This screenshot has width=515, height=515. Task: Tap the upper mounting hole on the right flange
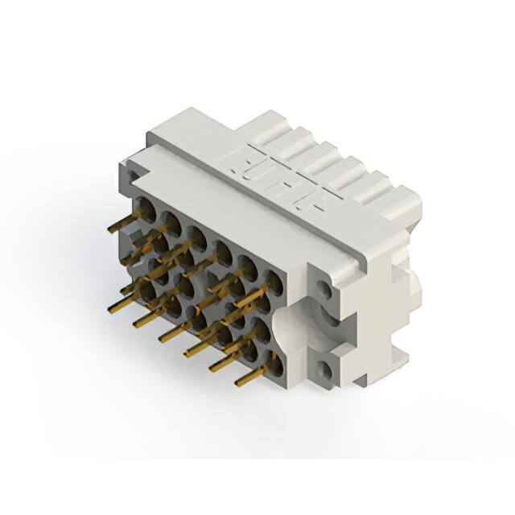tap(323, 287)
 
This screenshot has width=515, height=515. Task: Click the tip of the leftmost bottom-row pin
tap(109, 308)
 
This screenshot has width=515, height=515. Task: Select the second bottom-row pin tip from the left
tap(135, 324)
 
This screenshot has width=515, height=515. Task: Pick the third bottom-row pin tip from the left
tap(161, 339)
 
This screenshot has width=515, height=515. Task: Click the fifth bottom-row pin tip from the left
tap(212, 369)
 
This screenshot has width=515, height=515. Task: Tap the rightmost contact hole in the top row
tap(274, 280)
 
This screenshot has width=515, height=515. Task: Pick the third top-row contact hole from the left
tap(196, 235)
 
